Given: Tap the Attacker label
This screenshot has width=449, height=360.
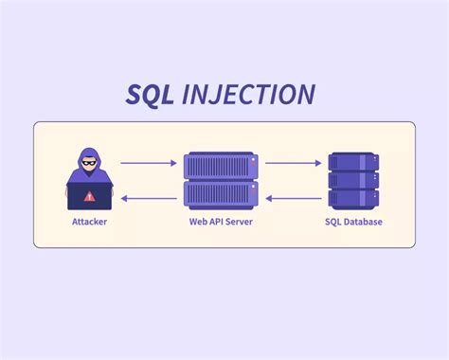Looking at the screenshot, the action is (x=90, y=223).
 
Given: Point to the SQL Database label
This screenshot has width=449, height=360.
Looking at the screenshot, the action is (x=355, y=223).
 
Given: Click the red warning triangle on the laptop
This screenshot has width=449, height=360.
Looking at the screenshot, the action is (x=90, y=197).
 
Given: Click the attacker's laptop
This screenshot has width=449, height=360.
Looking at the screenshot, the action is (x=90, y=197).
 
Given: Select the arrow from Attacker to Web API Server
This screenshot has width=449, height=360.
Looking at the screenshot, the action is (x=149, y=164).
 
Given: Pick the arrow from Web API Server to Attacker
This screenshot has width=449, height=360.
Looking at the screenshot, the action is (x=149, y=198).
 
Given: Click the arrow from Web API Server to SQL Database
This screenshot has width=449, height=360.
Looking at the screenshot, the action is (x=294, y=164).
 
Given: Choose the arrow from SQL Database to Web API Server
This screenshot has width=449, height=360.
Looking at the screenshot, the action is (x=294, y=198).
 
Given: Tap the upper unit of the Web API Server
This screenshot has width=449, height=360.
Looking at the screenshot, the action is (x=221, y=167).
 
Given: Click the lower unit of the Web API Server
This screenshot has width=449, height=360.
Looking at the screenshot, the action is (x=221, y=195).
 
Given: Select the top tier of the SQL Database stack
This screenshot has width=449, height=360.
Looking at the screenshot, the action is (x=355, y=161).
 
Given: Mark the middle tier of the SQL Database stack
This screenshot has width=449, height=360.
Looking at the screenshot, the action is (x=355, y=180).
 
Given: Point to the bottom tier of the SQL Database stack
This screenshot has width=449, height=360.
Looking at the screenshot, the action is (x=355, y=199).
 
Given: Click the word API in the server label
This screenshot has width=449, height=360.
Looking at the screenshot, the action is (x=219, y=223).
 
